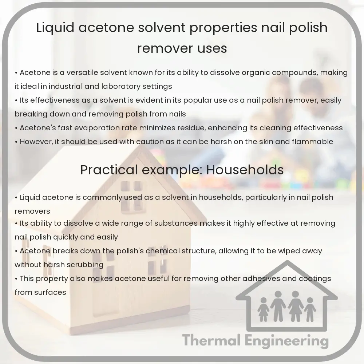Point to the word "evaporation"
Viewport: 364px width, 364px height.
point(98,128)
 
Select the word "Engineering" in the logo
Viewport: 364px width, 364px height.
point(288,341)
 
